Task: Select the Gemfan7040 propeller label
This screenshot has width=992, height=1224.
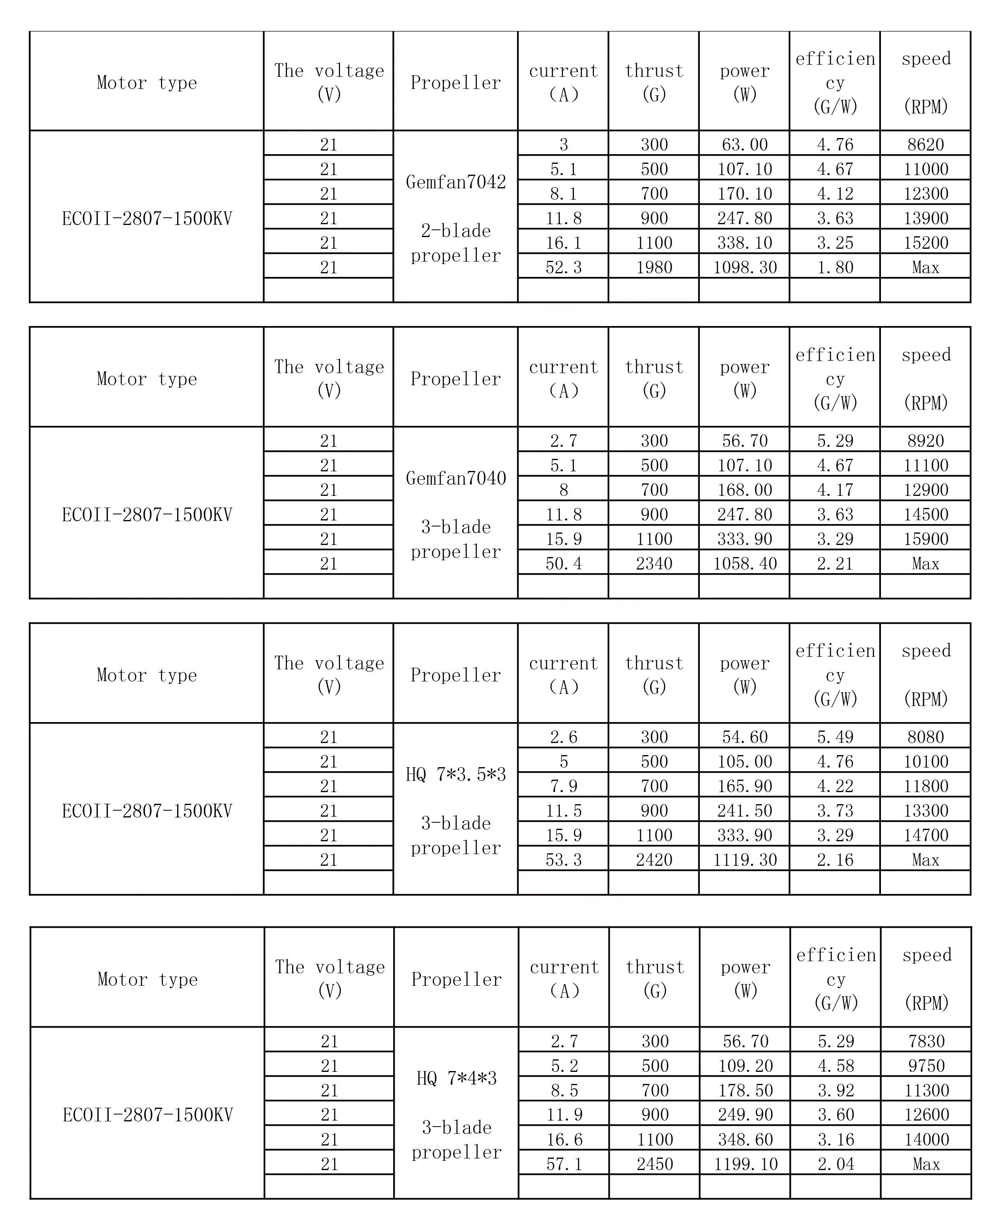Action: pos(456,478)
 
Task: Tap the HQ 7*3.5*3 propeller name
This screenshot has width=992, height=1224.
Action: pos(456,775)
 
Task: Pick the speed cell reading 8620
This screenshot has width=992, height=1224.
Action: pos(925,144)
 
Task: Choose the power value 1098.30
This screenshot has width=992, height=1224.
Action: pos(745,267)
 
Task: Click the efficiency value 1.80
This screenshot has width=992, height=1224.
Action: pos(835,267)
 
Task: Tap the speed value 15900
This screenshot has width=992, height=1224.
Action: pos(925,539)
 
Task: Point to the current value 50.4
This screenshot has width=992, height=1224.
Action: pos(563,564)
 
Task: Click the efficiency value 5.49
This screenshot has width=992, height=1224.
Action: pos(835,737)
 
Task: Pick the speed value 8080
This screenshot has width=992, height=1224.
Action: pos(925,737)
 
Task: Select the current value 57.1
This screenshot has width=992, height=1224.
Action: pos(564,1164)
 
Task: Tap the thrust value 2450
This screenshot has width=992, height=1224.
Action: pos(655,1164)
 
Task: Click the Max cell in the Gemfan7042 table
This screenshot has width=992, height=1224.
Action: pos(925,267)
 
